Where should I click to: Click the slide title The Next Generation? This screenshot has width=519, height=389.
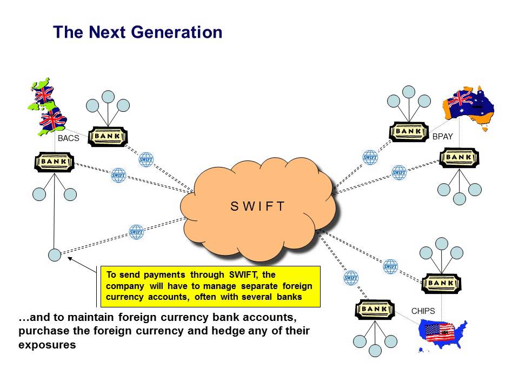138,32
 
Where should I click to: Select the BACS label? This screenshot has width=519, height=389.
69,139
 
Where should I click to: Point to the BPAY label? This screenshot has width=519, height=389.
442,137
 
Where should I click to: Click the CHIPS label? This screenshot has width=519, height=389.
423,311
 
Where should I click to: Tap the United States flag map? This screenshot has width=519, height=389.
443,334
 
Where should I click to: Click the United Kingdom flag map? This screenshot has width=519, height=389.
48,108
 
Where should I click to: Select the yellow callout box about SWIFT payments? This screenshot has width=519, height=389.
210,286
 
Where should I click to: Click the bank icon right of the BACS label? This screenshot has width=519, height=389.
107,136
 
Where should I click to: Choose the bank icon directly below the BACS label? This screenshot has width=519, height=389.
54,162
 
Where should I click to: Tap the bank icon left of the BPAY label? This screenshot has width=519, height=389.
409,131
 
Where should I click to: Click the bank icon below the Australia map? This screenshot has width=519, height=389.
459,157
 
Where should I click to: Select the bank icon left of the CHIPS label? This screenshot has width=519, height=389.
375,309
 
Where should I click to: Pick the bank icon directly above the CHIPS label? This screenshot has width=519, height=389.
441,283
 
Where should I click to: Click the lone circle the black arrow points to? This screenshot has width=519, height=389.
54,255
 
